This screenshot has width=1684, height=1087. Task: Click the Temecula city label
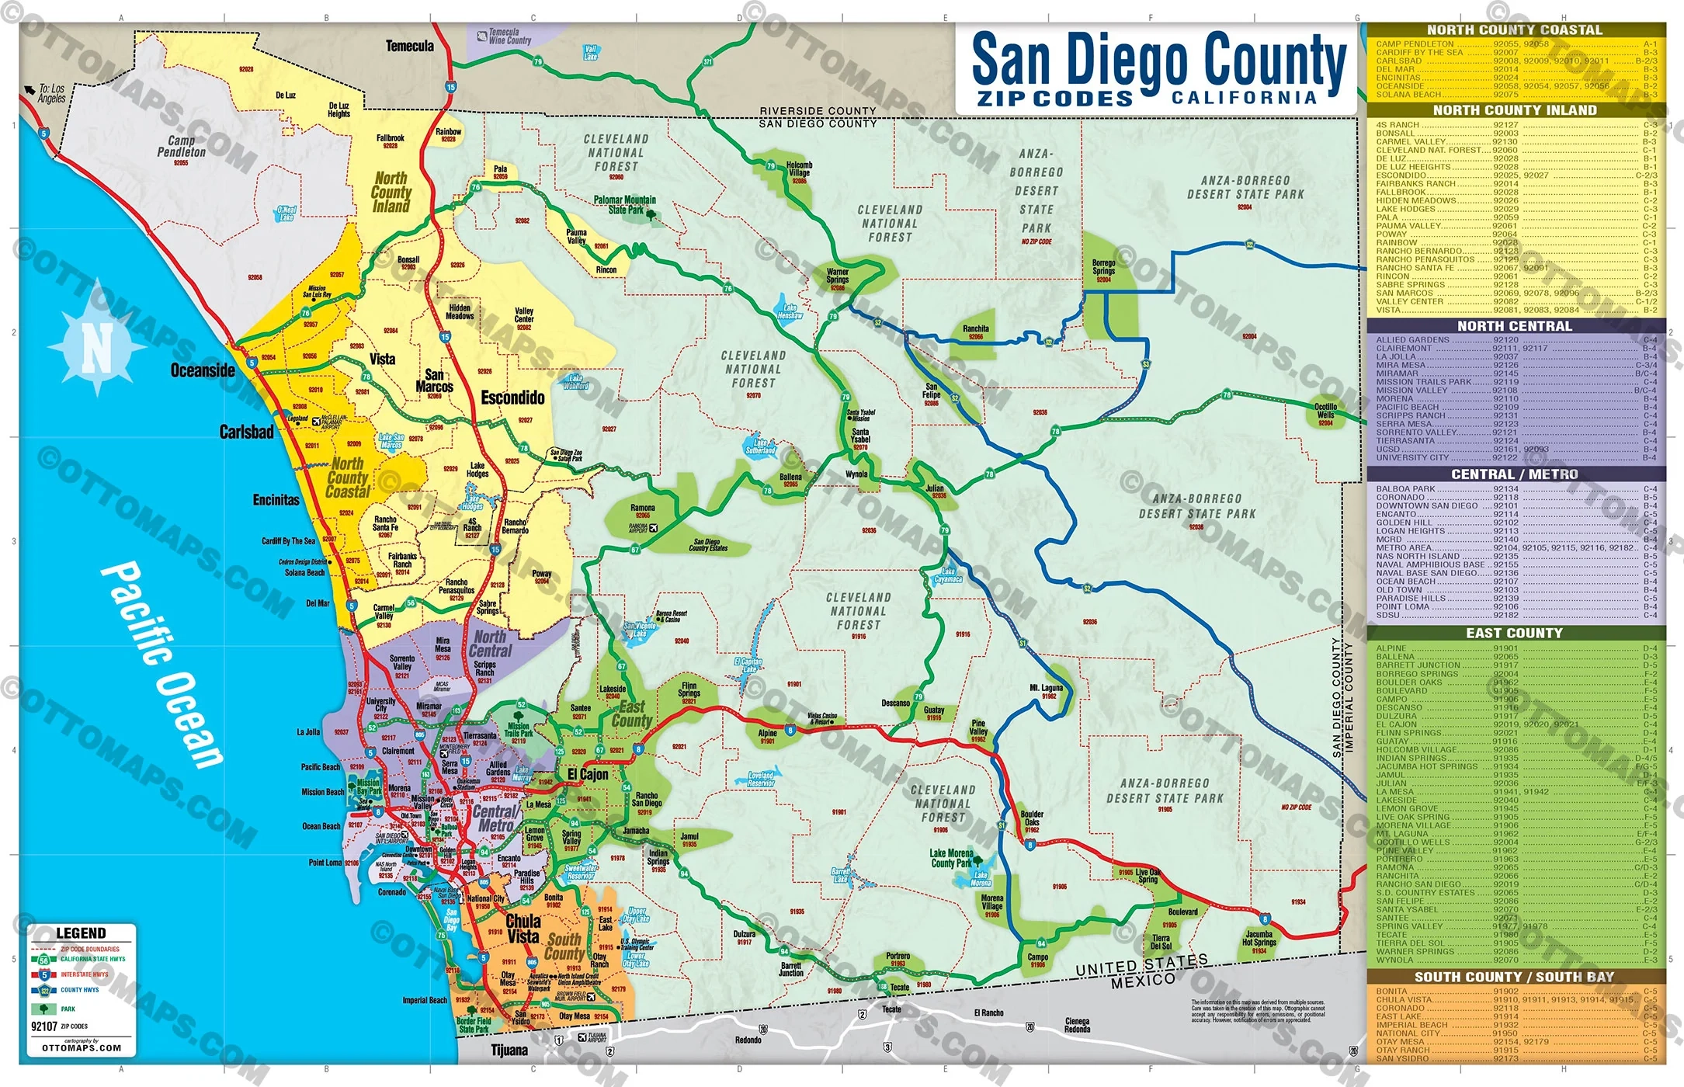pyautogui.click(x=409, y=47)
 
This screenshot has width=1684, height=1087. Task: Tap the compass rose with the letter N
pyautogui.click(x=96, y=347)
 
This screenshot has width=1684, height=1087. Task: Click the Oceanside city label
pyautogui.click(x=203, y=370)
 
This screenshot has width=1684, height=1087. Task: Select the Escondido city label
pyautogui.click(x=512, y=398)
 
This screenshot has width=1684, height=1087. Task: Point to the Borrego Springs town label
pyautogui.click(x=1103, y=267)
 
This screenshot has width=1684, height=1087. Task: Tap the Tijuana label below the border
pyautogui.click(x=509, y=1051)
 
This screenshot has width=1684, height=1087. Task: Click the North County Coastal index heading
pyautogui.click(x=1514, y=30)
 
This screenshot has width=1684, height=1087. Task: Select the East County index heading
pyautogui.click(x=1514, y=634)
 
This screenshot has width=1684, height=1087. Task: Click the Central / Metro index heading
pyautogui.click(x=1514, y=474)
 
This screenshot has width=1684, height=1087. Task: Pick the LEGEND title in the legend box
pyautogui.click(x=81, y=933)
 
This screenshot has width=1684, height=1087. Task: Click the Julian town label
pyautogui.click(x=936, y=488)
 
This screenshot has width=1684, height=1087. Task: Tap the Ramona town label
pyautogui.click(x=643, y=509)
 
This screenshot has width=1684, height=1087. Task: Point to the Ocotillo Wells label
pyautogui.click(x=1325, y=411)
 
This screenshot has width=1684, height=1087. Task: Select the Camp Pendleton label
pyautogui.click(x=182, y=146)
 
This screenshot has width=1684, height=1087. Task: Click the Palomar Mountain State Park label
pyautogui.click(x=624, y=204)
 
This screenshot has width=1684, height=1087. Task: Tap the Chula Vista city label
pyautogui.click(x=523, y=929)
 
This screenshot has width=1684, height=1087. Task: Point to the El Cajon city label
pyautogui.click(x=588, y=775)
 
